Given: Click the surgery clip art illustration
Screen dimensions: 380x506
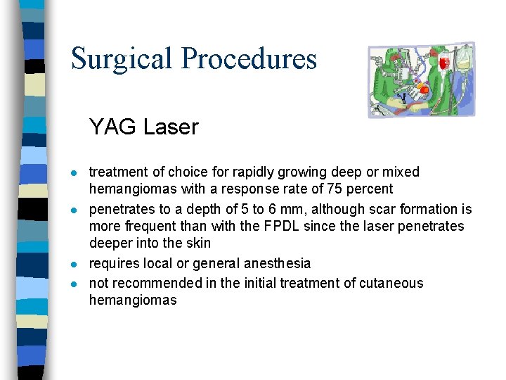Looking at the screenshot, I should (422, 79).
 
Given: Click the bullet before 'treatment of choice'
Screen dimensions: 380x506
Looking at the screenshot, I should (74, 173).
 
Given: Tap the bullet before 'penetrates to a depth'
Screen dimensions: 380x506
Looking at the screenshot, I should (74, 210).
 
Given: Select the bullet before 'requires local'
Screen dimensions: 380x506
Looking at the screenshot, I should (74, 265).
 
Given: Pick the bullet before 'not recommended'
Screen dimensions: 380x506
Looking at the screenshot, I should (74, 284).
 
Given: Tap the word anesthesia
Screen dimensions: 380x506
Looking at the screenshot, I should (277, 264).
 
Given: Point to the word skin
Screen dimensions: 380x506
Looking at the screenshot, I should (197, 243).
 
